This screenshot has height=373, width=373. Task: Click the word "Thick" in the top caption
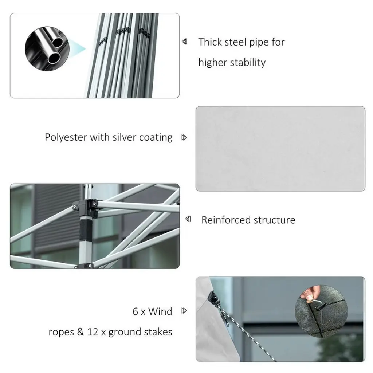[x=210, y=42]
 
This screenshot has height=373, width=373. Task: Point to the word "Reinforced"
[x=226, y=220]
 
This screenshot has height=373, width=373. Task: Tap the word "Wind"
[x=160, y=311]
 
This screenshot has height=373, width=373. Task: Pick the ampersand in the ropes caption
[x=81, y=332]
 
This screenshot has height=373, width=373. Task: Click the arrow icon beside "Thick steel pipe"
[x=185, y=42]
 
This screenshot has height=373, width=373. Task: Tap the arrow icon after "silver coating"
[x=184, y=137]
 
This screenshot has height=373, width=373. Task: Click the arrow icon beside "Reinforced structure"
[x=188, y=219]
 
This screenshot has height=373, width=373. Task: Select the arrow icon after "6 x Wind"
[x=184, y=311]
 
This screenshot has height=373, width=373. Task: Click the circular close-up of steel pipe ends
[x=47, y=48]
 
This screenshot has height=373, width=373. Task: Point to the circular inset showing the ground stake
[x=321, y=311]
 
